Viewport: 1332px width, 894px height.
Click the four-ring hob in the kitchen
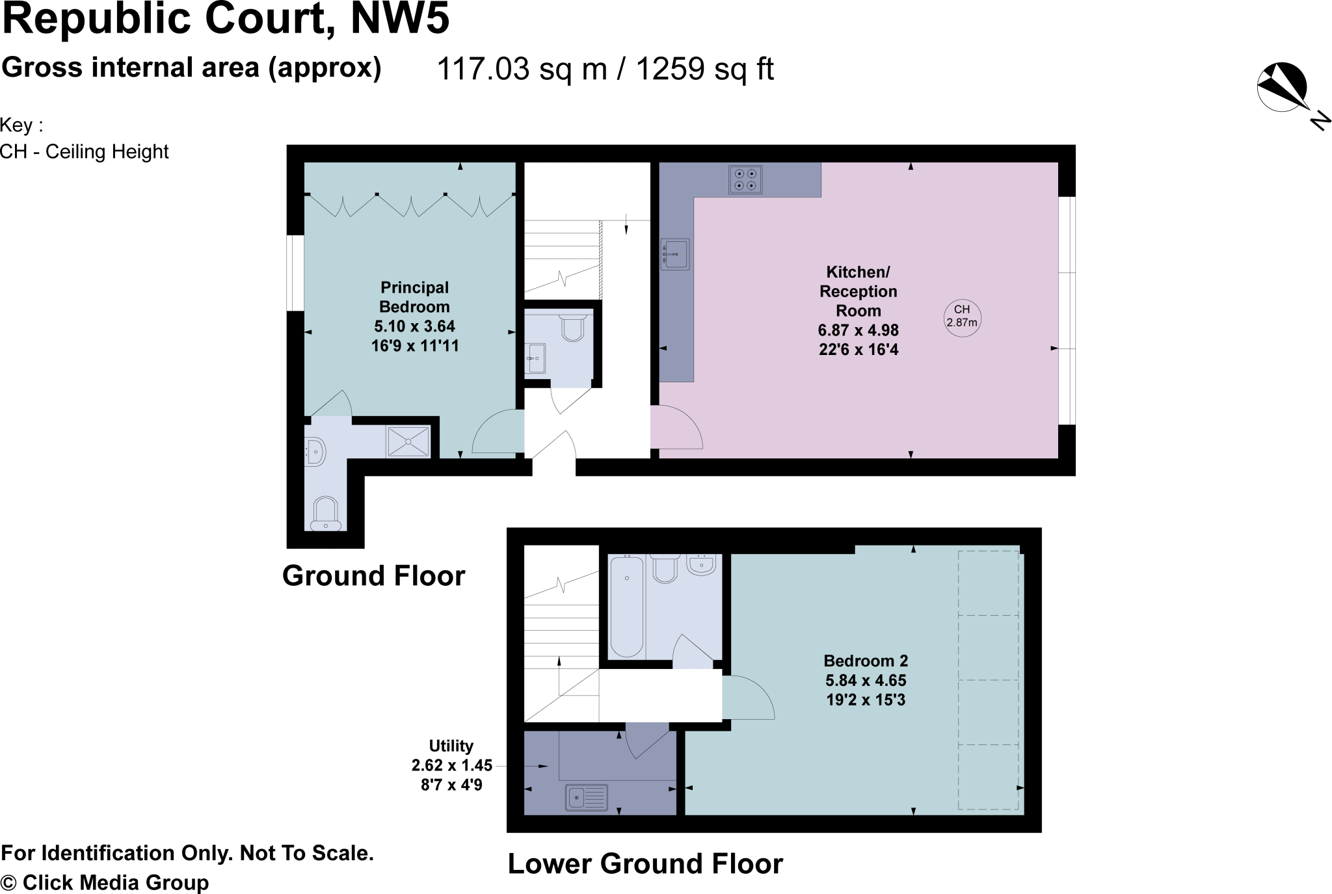click(x=745, y=179)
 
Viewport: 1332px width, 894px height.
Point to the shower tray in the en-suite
click(x=408, y=441)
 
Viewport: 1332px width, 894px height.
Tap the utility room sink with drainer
click(x=587, y=797)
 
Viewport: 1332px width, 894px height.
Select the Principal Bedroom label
click(x=414, y=297)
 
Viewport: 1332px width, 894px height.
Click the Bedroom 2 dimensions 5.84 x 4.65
click(x=866, y=681)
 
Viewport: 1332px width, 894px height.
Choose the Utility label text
click(x=451, y=746)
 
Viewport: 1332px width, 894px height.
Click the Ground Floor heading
click(x=373, y=576)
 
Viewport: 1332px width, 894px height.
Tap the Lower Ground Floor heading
click(x=645, y=864)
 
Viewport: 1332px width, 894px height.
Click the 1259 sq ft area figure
click(x=704, y=69)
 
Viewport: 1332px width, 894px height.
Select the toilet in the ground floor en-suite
click(x=325, y=514)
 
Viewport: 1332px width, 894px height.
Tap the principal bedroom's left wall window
click(x=296, y=273)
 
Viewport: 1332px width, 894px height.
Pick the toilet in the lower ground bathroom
click(x=663, y=568)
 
